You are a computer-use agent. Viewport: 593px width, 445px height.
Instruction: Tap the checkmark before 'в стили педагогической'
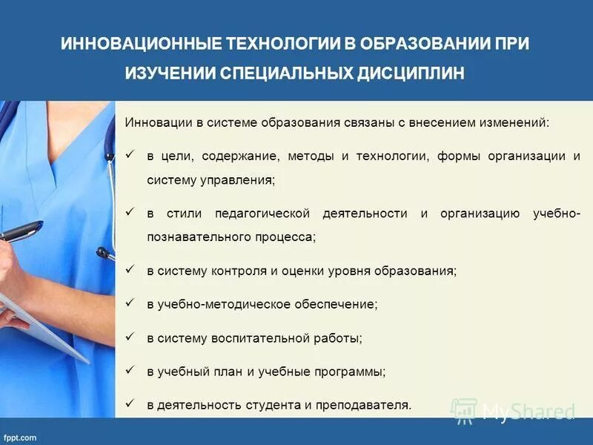point(130,213)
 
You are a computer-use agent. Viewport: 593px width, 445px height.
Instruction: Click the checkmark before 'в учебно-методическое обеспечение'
point(130,303)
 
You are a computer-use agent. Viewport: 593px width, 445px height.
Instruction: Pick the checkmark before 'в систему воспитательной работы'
point(130,337)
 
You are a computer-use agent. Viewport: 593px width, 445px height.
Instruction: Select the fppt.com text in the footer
point(20,438)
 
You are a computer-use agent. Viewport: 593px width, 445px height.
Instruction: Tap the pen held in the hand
point(21,232)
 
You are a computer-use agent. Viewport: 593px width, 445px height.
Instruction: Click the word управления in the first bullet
point(236,180)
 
